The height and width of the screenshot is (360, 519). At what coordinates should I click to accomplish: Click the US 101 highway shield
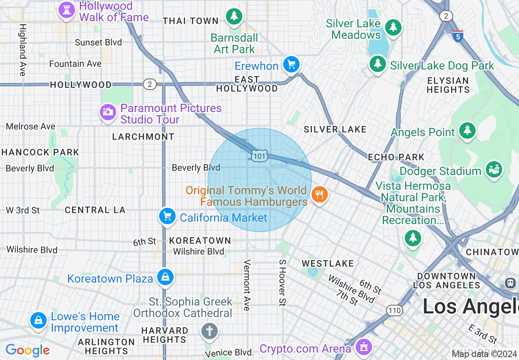click(x=259, y=156)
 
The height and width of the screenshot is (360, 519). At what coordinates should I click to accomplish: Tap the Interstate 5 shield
click(x=458, y=36)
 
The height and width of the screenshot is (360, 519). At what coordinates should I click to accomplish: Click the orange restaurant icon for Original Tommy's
click(x=319, y=194)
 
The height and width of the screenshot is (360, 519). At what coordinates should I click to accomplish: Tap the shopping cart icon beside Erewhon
click(x=291, y=64)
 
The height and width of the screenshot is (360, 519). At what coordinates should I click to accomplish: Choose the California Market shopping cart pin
click(x=167, y=216)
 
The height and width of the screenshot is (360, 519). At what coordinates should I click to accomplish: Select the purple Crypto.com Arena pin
click(x=363, y=347)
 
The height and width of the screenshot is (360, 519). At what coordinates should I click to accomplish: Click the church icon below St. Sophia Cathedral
click(x=210, y=331)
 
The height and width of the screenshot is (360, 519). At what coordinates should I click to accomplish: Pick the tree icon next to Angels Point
click(x=467, y=130)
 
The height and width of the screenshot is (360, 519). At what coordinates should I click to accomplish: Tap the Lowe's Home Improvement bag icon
click(x=38, y=320)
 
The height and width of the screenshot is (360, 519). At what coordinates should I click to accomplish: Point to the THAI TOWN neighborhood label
click(x=191, y=21)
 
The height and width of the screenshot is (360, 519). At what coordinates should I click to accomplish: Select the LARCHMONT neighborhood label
click(x=143, y=137)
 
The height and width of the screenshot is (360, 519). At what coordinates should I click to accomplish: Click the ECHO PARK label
click(x=396, y=157)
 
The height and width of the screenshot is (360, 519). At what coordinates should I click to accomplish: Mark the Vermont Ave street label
click(x=247, y=285)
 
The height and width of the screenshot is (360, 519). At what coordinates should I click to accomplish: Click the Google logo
click(x=28, y=350)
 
